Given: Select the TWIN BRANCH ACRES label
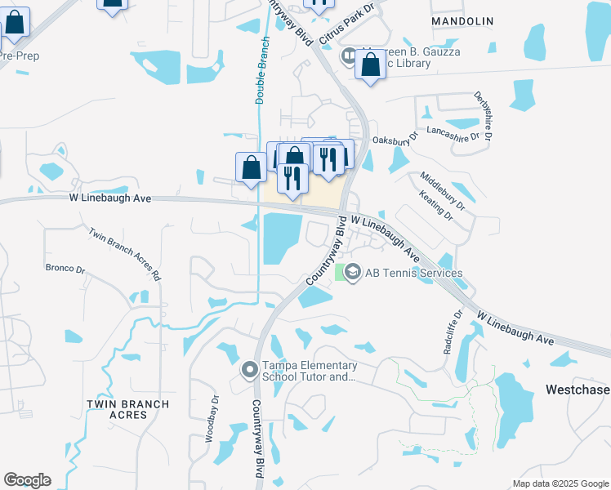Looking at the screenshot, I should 128,409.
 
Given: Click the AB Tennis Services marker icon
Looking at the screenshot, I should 353,273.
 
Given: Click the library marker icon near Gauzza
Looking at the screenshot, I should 348,56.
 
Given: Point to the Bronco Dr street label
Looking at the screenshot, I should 65,268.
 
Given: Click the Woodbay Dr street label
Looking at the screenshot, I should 212,419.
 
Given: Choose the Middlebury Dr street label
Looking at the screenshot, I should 441,189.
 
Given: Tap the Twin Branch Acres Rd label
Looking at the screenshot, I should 124,254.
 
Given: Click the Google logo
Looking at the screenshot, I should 27,480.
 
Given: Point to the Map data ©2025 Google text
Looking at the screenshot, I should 560,483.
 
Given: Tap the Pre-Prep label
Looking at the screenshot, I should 18,56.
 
